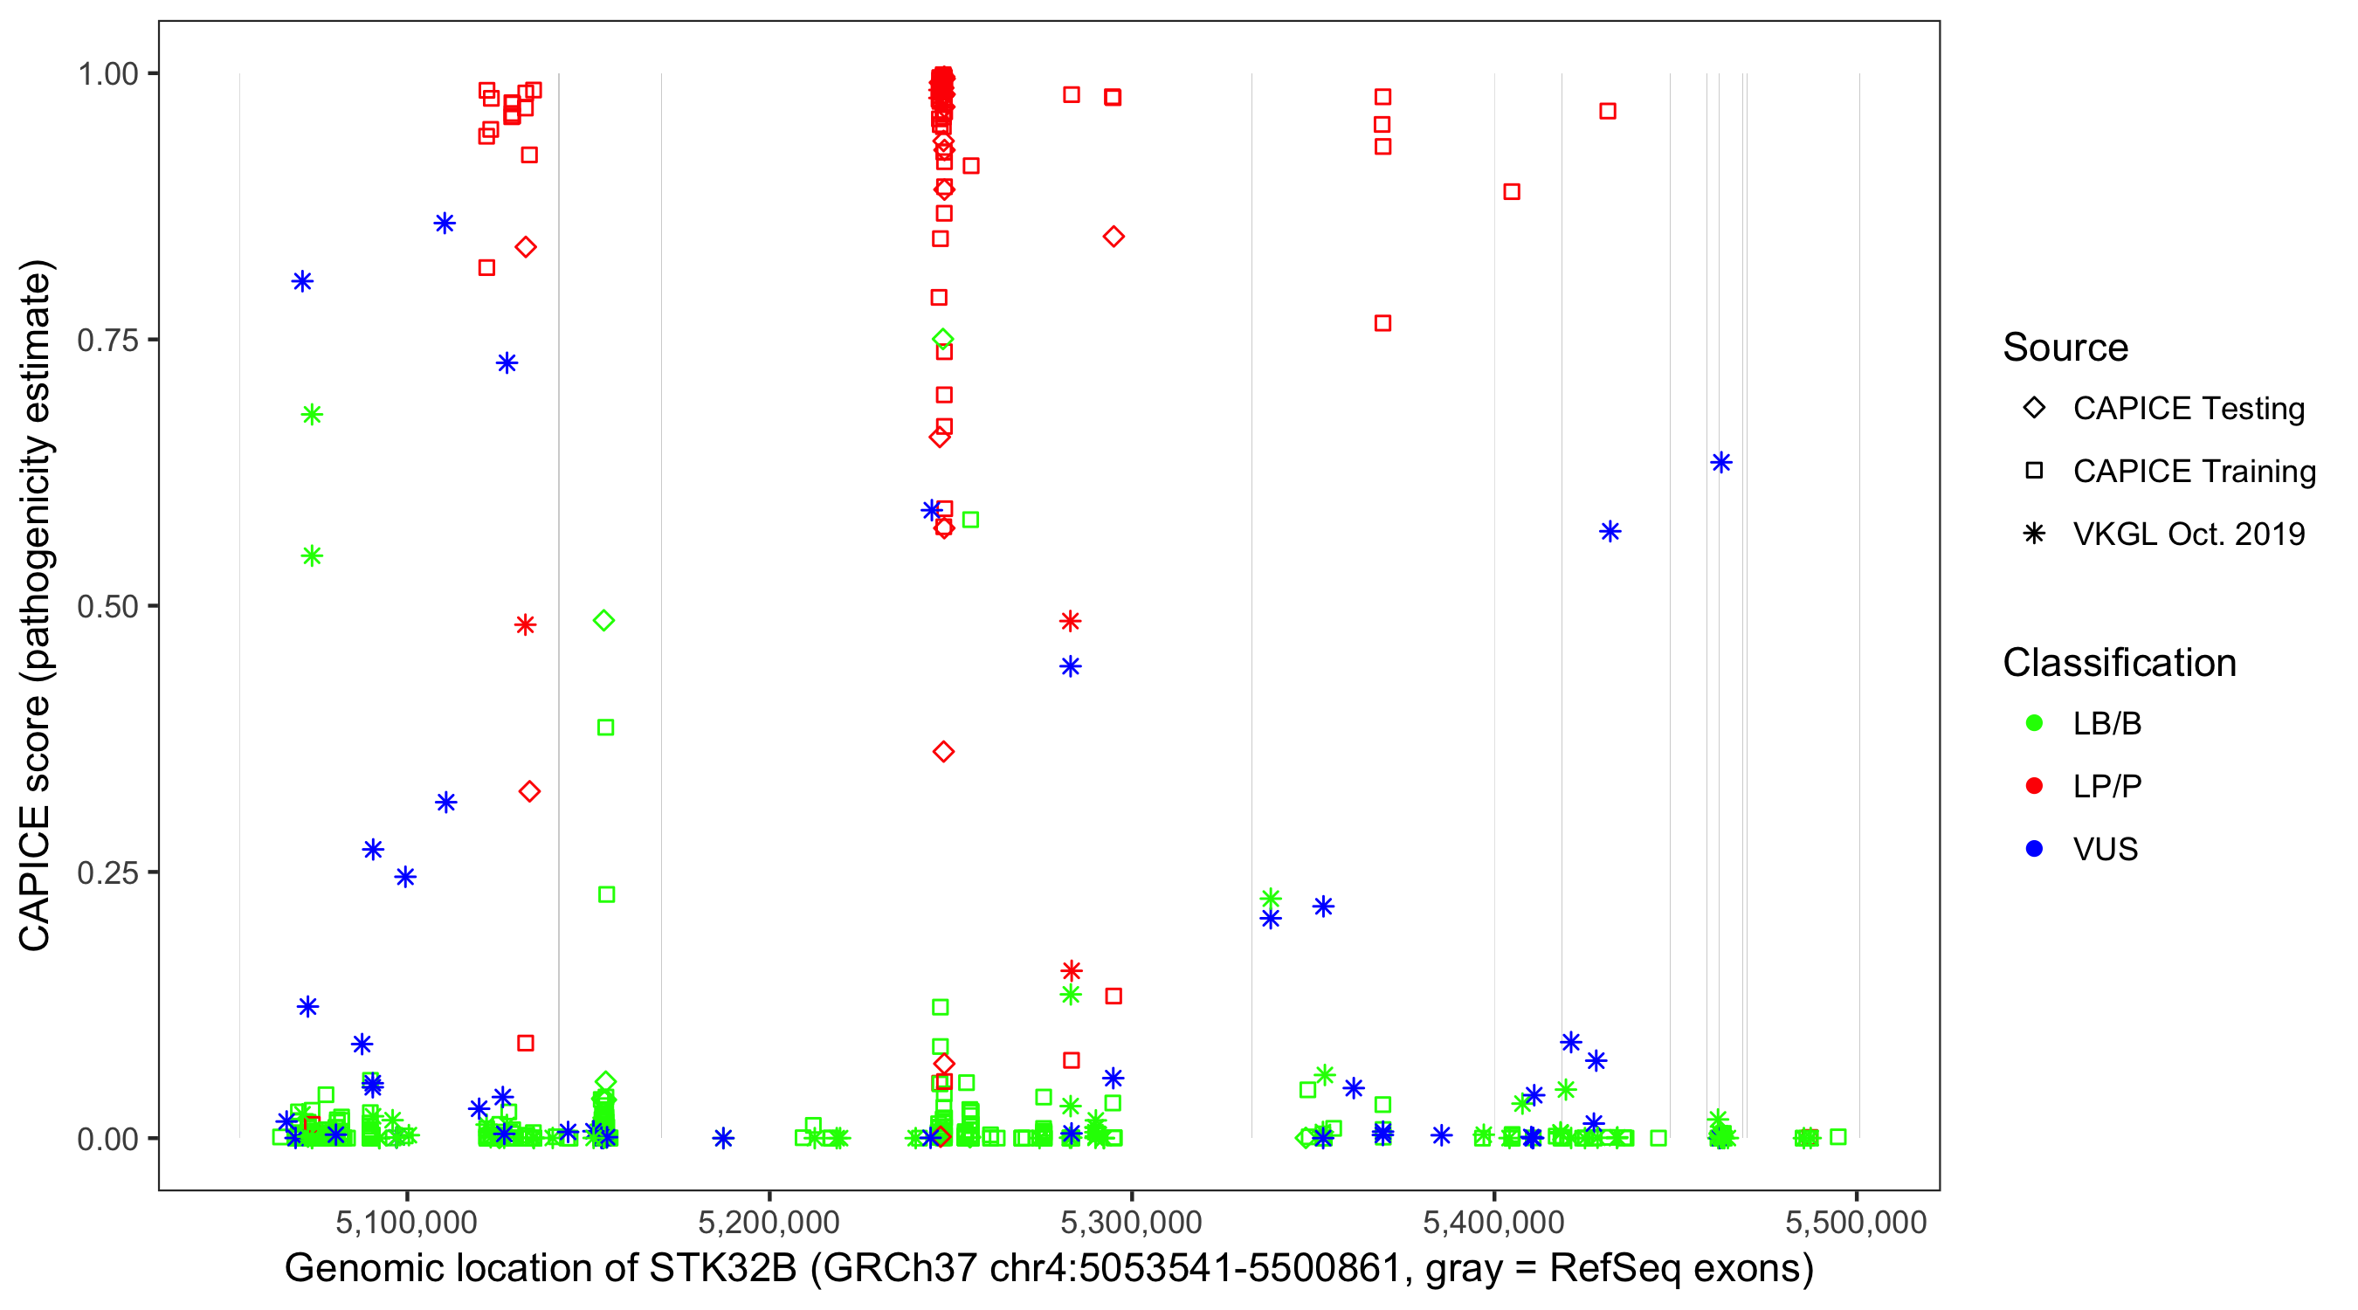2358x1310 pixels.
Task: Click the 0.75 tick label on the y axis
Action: click(x=107, y=341)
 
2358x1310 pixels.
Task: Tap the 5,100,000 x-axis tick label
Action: click(x=406, y=1221)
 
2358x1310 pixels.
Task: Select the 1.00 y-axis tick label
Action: click(x=107, y=74)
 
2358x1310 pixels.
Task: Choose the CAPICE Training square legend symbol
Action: click(x=2034, y=471)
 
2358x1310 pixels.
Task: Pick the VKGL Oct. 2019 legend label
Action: click(x=2189, y=534)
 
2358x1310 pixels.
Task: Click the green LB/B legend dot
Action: click(x=2034, y=723)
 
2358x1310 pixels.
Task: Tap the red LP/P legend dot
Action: click(x=2034, y=786)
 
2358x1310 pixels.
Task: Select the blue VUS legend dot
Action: click(x=2034, y=849)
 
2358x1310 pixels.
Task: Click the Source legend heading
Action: click(x=2065, y=348)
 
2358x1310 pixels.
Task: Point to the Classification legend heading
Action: click(x=2119, y=663)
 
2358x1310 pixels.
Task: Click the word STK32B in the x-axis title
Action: click(x=723, y=1269)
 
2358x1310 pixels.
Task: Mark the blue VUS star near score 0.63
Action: click(x=1720, y=462)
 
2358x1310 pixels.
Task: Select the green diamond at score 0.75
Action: click(x=943, y=340)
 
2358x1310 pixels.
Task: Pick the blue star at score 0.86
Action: click(x=445, y=224)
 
